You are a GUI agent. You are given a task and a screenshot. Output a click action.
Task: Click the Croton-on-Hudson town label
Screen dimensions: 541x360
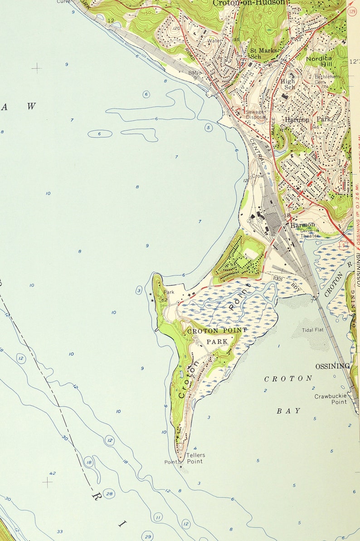[x=250, y=3]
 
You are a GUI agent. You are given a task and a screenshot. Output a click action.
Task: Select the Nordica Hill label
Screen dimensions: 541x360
[x=319, y=61]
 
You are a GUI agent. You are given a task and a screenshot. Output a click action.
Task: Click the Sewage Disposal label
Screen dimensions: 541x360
[x=255, y=114]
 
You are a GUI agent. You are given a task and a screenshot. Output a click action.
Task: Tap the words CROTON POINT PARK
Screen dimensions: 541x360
[x=217, y=336]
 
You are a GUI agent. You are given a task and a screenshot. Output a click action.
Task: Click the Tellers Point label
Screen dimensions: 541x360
[x=195, y=458]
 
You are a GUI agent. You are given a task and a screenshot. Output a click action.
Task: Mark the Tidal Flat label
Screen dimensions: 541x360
[x=313, y=330]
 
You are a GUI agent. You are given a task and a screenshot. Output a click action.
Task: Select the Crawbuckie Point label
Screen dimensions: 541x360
[x=331, y=399]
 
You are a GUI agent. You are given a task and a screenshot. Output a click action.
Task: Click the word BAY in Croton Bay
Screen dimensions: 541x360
[x=288, y=411]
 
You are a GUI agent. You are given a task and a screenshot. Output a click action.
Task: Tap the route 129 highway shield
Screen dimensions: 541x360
[x=352, y=10]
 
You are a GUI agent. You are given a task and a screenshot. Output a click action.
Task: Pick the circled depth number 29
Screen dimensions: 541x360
[x=147, y=536]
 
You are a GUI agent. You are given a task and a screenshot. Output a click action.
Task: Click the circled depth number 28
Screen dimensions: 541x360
[x=109, y=493]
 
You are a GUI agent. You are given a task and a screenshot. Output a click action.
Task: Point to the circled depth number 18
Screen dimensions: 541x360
[x=88, y=462]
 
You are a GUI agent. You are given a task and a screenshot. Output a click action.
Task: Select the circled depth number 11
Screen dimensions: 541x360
[x=158, y=517]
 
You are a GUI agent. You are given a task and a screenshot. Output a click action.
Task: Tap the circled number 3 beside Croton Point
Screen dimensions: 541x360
[x=139, y=290]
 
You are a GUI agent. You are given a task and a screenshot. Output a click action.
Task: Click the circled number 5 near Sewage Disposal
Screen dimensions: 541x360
[x=209, y=128]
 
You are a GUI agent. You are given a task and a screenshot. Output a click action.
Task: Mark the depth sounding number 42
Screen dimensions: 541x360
[x=53, y=473]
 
